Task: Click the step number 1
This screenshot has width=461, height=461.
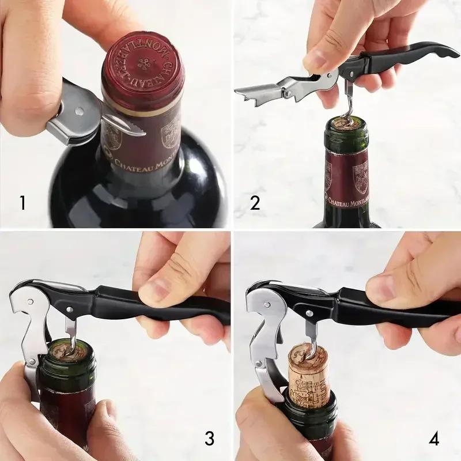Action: (x=22, y=203)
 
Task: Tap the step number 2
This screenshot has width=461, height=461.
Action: (x=255, y=203)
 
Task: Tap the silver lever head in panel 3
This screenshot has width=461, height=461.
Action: (x=29, y=311)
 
